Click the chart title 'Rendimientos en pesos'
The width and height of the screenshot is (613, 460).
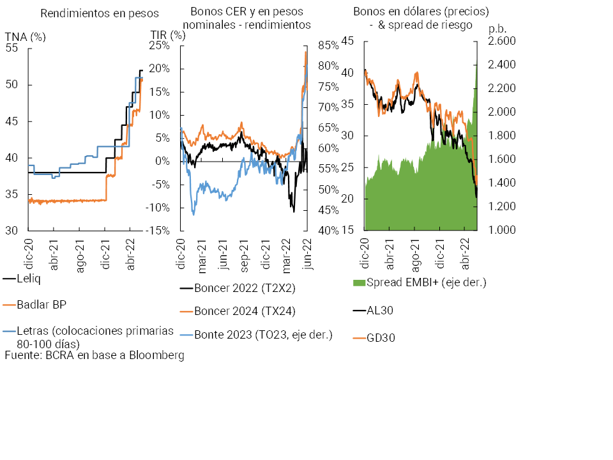(x=100, y=13)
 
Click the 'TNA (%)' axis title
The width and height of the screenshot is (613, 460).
(x=25, y=36)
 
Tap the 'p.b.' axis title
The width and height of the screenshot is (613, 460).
(x=496, y=29)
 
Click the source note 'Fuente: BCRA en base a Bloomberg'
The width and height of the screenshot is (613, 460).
(x=95, y=356)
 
